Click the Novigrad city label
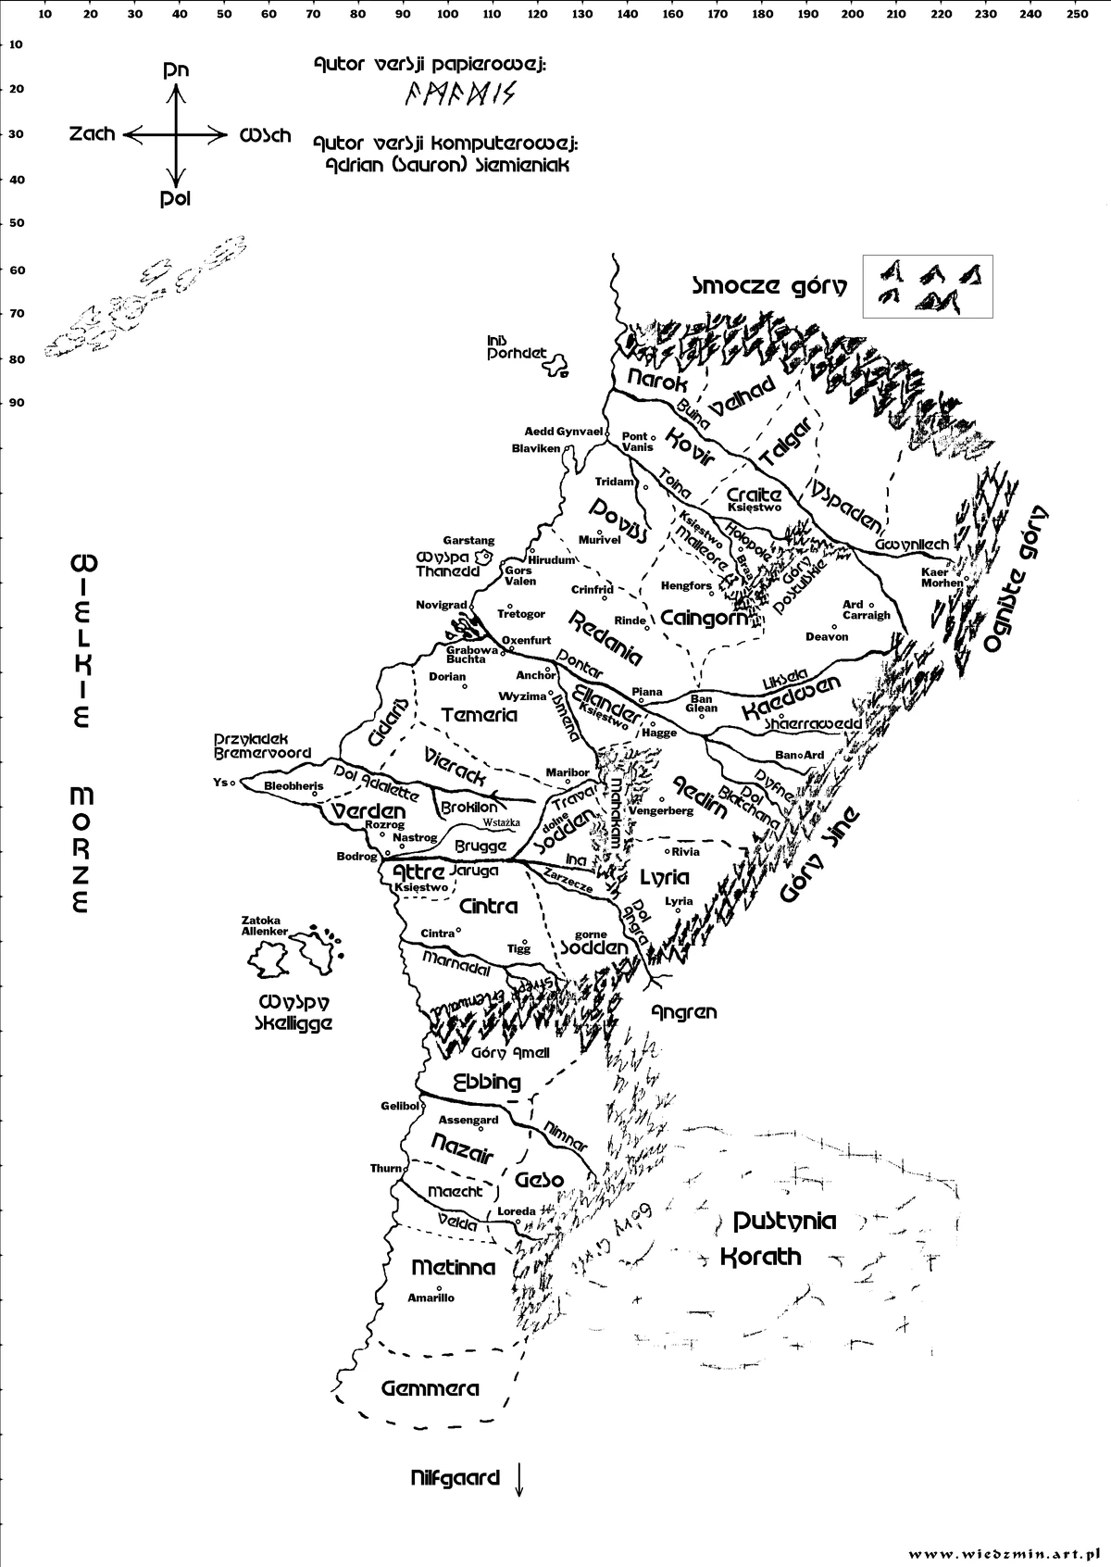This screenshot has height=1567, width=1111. point(441,605)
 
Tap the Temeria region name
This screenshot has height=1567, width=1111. point(479,715)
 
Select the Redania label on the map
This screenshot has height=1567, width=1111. point(605,637)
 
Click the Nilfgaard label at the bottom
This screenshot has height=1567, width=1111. point(455,1478)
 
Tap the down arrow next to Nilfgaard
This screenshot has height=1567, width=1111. point(518,1478)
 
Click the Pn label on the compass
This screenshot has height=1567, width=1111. point(176,69)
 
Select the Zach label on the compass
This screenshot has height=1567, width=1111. point(93,134)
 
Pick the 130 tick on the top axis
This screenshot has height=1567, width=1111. point(582,14)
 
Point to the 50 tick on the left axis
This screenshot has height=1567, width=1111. point(17,223)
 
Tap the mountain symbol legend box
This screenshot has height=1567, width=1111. point(927,286)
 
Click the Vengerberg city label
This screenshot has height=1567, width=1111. point(661,810)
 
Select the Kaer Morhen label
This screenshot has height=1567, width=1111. point(942,577)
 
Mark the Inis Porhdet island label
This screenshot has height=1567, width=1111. point(517,347)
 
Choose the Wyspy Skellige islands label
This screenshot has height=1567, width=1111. point(294,1013)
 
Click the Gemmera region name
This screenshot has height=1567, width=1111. point(430,1388)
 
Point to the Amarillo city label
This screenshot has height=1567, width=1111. point(431,1297)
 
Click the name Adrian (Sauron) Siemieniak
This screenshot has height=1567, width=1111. point(442,165)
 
